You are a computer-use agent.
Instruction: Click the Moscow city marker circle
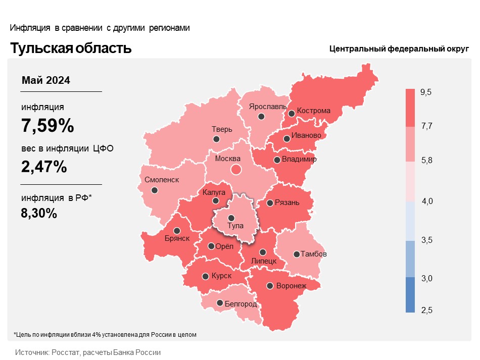(x=236, y=169)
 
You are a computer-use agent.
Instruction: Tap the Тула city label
(x=235, y=226)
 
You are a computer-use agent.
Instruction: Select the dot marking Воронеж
(x=270, y=286)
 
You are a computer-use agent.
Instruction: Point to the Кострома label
(x=313, y=111)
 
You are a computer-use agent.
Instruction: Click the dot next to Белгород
(x=220, y=303)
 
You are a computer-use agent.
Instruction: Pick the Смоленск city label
(x=162, y=180)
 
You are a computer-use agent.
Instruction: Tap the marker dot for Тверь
(x=216, y=139)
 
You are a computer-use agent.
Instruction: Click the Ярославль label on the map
(x=268, y=107)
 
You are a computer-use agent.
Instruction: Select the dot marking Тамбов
(x=297, y=254)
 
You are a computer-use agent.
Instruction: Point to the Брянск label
(x=177, y=238)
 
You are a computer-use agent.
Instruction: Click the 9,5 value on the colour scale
(x=426, y=92)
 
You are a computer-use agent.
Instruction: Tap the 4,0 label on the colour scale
(x=427, y=201)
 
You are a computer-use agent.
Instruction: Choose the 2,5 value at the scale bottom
(x=427, y=310)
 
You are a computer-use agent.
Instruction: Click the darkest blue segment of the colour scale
(x=410, y=295)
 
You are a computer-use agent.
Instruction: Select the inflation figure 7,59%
(x=47, y=125)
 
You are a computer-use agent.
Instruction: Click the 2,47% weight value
(x=44, y=167)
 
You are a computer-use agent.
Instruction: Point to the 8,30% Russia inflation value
(x=39, y=213)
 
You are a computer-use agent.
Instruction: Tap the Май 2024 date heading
(x=46, y=80)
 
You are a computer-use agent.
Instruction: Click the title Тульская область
(x=71, y=48)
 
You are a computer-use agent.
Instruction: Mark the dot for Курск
(x=206, y=276)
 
